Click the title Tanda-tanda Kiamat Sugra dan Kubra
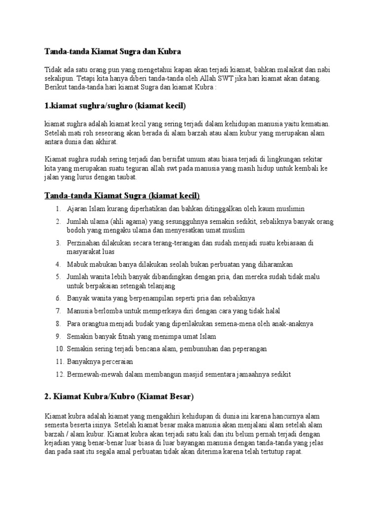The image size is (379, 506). click(x=113, y=51)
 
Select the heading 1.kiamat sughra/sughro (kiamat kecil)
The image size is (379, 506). click(x=115, y=105)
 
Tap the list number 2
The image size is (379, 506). click(x=58, y=221)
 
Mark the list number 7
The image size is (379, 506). click(x=58, y=311)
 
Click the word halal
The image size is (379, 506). click(x=271, y=311)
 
